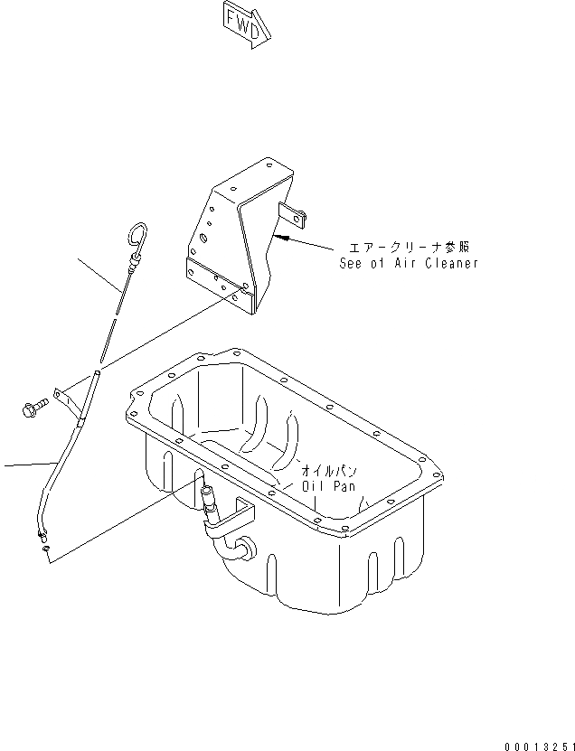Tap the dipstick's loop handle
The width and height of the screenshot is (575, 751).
[x=141, y=236]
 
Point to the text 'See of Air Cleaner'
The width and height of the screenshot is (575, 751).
[x=408, y=263]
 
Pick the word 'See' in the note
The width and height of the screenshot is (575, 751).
[x=350, y=263]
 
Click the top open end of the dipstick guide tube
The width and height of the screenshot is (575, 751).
[x=98, y=371]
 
